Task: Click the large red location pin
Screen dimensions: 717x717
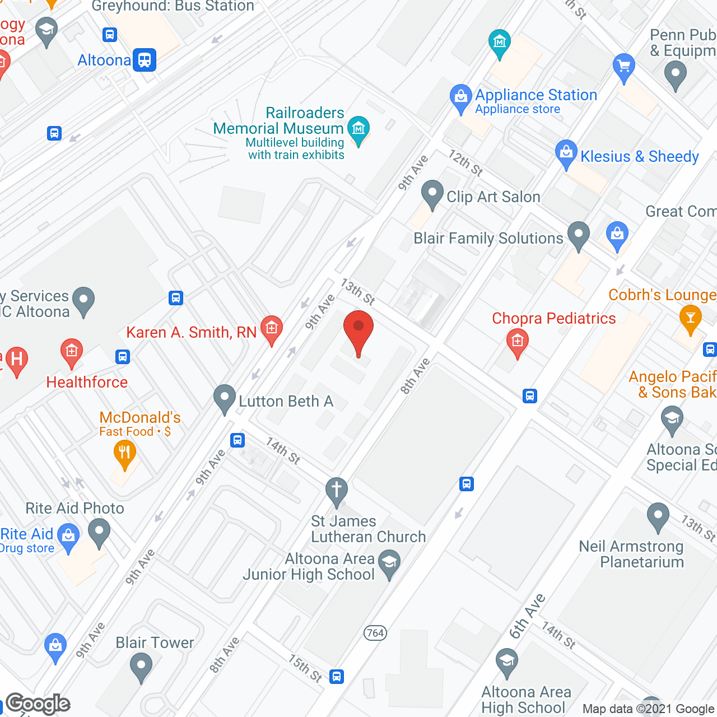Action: [358, 330]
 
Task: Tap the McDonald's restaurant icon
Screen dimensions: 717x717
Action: [124, 453]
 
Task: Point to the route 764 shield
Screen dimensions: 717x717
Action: [375, 633]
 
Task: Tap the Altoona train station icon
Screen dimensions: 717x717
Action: [145, 60]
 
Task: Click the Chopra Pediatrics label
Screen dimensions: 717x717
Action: [553, 318]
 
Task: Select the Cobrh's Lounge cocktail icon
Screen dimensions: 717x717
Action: [690, 318]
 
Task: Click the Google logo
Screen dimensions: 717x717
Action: [38, 704]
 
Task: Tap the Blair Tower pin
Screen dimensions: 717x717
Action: [141, 667]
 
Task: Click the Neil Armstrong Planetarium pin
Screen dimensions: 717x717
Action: [658, 516]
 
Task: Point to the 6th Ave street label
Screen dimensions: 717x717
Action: [527, 616]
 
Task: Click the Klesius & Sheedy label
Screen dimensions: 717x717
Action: [639, 156]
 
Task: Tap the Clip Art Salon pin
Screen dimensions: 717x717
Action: [432, 193]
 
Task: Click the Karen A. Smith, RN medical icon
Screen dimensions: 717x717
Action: [272, 328]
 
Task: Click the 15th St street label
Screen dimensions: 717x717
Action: [305, 668]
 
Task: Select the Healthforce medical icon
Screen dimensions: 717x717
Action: [71, 352]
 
